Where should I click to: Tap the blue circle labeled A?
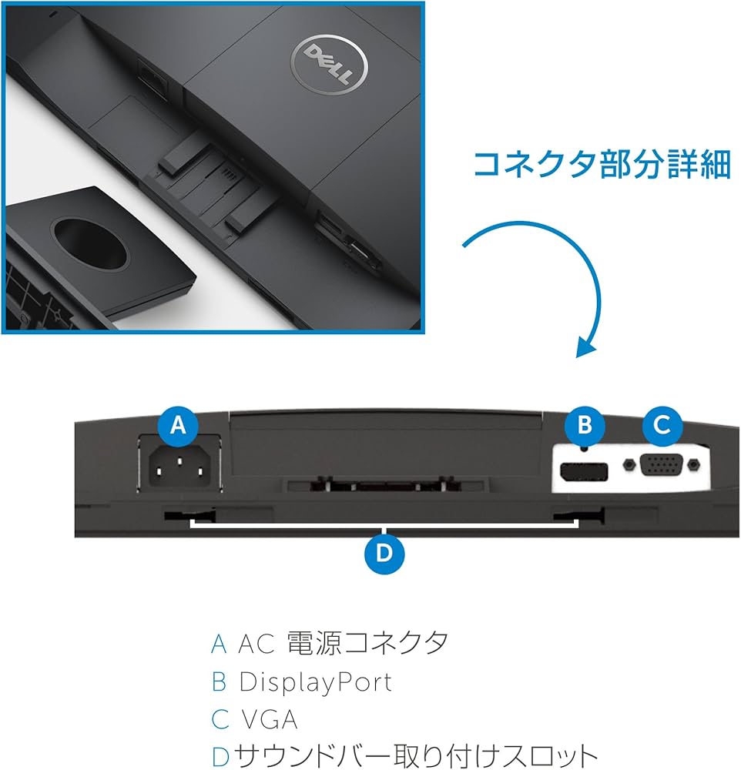(179, 424)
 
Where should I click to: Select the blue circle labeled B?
(584, 424)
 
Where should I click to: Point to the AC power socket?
(179, 466)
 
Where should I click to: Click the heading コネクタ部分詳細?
(601, 164)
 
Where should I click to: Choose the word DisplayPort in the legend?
(315, 681)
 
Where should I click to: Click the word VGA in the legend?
(269, 719)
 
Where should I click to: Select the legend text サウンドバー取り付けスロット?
(416, 755)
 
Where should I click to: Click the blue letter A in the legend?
(219, 644)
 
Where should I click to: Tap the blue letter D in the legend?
(220, 755)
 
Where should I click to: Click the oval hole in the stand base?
(91, 244)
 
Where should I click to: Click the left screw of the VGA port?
(631, 465)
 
